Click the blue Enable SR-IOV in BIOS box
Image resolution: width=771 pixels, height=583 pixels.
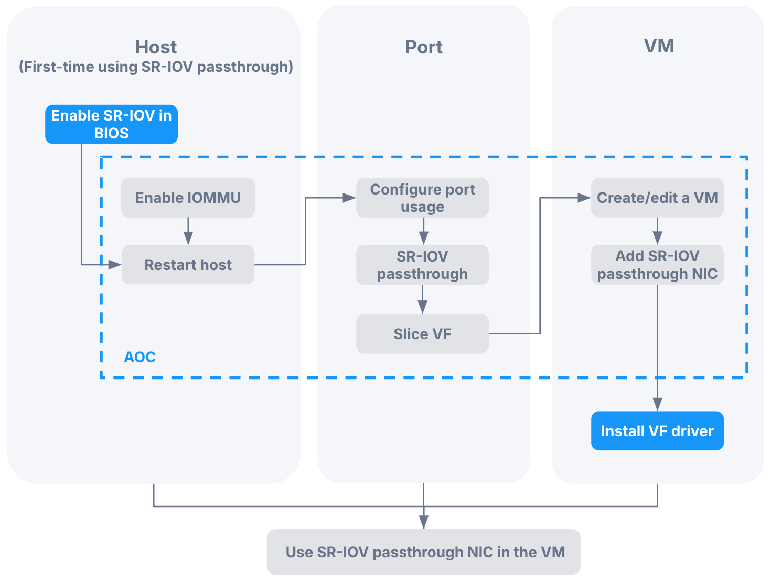[111, 124]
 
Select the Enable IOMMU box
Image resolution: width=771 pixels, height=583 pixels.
[188, 198]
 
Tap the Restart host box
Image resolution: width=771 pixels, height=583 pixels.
[188, 265]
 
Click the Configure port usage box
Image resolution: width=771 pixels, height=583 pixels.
[422, 198]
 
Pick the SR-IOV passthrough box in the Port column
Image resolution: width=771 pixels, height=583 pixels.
[422, 265]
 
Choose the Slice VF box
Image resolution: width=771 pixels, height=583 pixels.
[422, 334]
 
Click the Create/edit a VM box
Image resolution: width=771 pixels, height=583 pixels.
[657, 198]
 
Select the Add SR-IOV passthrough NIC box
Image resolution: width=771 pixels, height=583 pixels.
[657, 265]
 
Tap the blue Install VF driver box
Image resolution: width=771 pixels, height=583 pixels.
[657, 431]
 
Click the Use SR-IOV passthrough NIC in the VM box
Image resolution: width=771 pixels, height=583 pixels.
[423, 552]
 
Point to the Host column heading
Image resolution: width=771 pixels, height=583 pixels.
[156, 47]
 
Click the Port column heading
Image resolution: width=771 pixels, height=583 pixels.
[424, 47]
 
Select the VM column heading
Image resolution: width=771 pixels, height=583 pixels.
[659, 46]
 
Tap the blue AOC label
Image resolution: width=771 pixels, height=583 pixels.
[140, 357]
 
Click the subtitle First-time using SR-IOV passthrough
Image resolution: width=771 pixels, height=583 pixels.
[156, 67]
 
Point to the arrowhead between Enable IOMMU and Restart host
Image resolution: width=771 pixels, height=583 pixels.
[188, 238]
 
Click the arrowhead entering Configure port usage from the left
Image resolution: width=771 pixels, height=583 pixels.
[349, 198]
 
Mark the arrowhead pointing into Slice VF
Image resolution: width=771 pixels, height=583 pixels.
[423, 307]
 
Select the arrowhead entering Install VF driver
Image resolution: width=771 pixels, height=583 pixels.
[657, 404]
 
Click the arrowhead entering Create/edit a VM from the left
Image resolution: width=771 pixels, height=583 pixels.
[584, 198]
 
